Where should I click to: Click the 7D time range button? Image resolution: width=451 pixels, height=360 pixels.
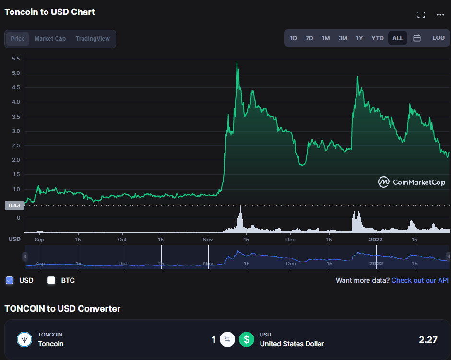click(x=309, y=38)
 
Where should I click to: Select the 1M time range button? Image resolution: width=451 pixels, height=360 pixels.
click(x=326, y=38)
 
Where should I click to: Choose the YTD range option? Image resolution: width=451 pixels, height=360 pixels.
click(x=378, y=38)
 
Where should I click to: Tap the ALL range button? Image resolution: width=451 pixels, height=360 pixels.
click(x=398, y=38)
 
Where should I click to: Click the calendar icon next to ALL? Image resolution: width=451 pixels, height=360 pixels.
click(x=417, y=38)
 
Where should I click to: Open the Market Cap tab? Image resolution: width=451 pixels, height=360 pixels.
click(x=50, y=39)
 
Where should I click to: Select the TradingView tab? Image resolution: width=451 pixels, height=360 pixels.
click(x=93, y=39)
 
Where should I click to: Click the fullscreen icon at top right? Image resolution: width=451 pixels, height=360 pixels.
click(x=421, y=15)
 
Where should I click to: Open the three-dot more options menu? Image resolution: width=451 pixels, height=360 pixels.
click(x=440, y=15)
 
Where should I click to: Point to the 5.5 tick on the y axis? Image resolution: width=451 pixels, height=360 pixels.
click(x=16, y=59)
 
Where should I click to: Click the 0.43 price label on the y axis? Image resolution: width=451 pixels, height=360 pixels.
click(x=14, y=206)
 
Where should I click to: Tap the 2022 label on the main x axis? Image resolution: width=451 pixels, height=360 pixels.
click(x=376, y=239)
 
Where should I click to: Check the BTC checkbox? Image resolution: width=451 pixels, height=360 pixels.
click(x=51, y=280)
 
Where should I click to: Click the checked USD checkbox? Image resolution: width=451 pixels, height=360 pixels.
click(x=10, y=280)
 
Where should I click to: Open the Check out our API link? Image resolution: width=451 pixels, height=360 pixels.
click(x=420, y=280)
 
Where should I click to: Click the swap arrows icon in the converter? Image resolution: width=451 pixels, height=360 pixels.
click(x=227, y=340)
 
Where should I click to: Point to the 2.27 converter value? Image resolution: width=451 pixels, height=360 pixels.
click(x=428, y=340)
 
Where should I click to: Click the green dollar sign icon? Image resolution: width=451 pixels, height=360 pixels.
click(x=247, y=340)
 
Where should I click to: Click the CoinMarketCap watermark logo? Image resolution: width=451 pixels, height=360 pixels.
click(x=412, y=182)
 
